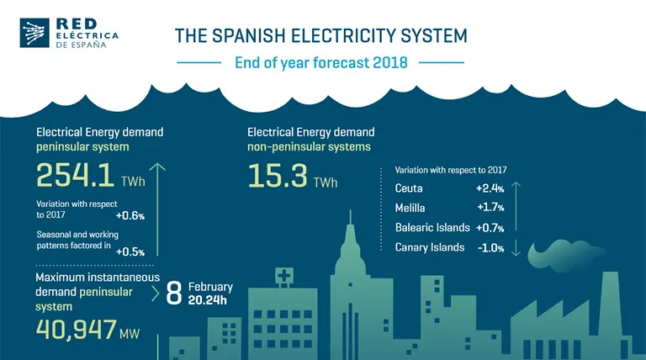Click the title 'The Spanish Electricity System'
point(320,35)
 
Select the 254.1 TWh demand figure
point(76,175)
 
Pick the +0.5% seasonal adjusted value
point(130,251)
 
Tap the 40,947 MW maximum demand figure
point(75,330)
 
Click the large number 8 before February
point(174,293)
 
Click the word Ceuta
point(409,188)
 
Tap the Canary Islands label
point(430,247)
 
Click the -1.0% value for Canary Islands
point(490,247)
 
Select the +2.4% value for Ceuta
point(490,188)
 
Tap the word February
point(210,287)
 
